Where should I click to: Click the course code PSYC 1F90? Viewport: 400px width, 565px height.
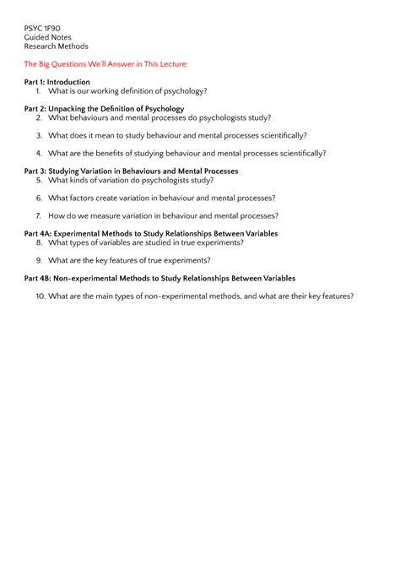tap(42, 28)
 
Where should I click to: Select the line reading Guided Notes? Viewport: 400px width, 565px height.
tap(47, 37)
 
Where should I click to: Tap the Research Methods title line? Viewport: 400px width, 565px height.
tap(56, 46)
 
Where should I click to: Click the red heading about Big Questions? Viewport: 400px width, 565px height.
tap(105, 64)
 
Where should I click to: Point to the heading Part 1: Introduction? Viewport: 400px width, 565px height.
tap(57, 82)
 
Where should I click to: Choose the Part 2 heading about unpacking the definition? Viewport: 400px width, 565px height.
tap(104, 109)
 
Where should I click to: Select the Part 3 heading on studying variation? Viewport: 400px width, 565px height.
tap(131, 171)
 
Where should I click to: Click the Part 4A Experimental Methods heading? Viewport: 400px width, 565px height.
tap(151, 233)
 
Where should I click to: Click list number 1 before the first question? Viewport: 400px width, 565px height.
tap(39, 90)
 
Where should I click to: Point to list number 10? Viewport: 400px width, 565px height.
tap(40, 296)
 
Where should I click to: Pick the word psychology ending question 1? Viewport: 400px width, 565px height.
tap(184, 90)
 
